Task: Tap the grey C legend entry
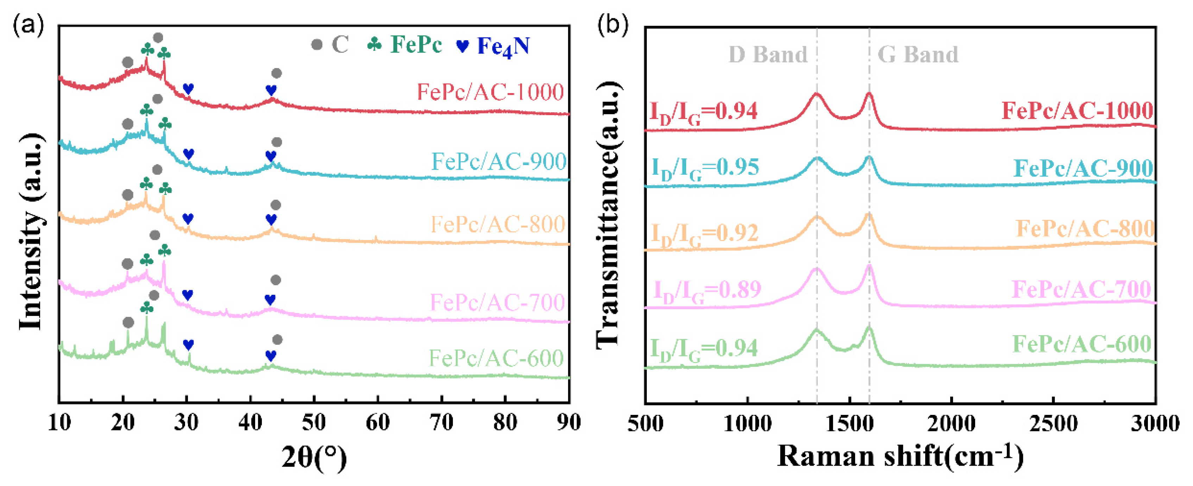tap(330, 45)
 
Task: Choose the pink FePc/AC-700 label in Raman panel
tap(1081, 289)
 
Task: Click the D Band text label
tap(768, 55)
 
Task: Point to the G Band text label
tap(918, 55)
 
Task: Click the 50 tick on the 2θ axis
tap(314, 423)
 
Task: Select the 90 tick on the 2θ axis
tap(568, 423)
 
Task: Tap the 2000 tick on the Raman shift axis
tap(951, 423)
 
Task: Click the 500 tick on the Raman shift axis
tap(645, 423)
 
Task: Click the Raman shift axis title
tap(900, 457)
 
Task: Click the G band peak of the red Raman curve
tap(869, 94)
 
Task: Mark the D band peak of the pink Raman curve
tap(816, 269)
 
